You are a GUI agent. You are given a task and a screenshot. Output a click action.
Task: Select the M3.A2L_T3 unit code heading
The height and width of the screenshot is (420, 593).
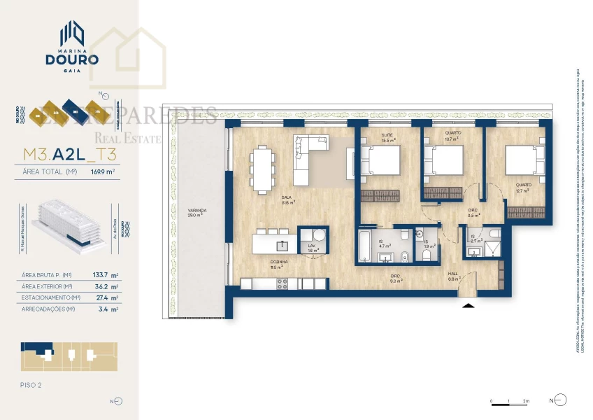pyautogui.click(x=69, y=155)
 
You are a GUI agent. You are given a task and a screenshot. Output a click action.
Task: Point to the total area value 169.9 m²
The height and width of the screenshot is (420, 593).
pyautogui.click(x=103, y=170)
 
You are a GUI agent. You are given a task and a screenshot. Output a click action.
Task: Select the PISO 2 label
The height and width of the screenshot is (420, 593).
pyautogui.click(x=32, y=385)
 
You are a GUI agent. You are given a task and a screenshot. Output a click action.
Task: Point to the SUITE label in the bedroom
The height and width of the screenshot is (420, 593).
pyautogui.click(x=386, y=135)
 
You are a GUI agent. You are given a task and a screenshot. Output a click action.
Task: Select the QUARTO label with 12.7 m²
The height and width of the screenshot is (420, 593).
pyautogui.click(x=524, y=186)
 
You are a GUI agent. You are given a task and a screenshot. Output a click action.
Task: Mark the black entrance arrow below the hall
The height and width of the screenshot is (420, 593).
pyautogui.click(x=468, y=304)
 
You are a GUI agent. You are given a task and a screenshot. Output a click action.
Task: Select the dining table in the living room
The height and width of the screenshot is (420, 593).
pyautogui.click(x=263, y=169)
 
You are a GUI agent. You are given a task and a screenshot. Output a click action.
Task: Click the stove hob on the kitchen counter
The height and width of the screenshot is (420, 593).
pyautogui.click(x=283, y=283)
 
